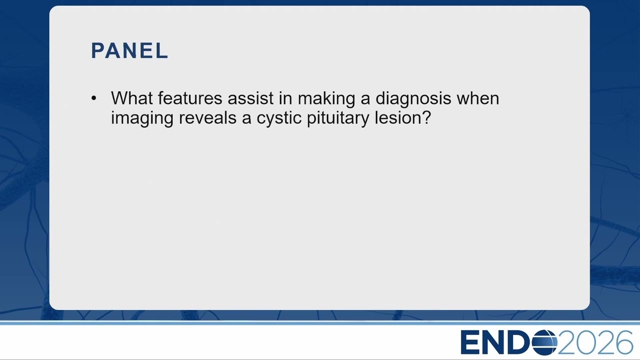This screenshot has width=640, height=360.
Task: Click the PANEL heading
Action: tap(129, 51)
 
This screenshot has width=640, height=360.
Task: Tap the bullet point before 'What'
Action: tap(93, 98)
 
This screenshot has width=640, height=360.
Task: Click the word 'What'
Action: tap(132, 98)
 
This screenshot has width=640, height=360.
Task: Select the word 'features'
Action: tap(190, 98)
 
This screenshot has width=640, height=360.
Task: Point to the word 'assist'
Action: tap(250, 98)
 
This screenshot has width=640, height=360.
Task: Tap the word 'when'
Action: tap(477, 98)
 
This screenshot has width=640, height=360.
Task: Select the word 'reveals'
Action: tap(207, 117)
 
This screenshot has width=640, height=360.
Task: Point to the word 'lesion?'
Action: tap(402, 117)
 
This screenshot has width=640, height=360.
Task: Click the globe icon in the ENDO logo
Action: tap(544, 342)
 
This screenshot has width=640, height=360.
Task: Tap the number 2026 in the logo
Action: tap(595, 342)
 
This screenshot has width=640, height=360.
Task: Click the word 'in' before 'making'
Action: tap(285, 98)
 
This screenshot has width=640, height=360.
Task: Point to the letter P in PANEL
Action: tap(97, 51)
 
